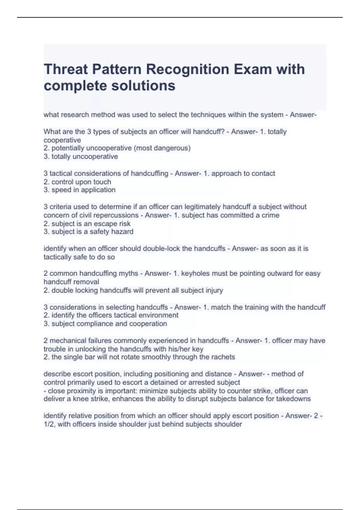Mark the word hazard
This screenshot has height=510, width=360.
click(122, 232)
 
